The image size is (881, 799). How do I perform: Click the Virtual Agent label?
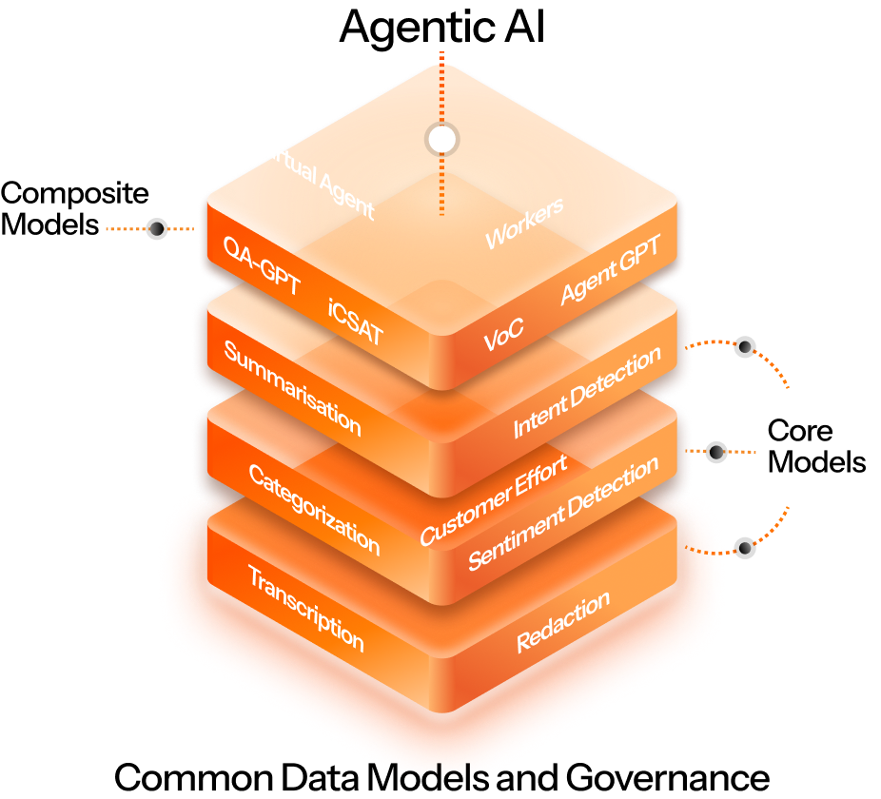click(316, 176)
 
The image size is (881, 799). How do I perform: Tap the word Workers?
click(524, 223)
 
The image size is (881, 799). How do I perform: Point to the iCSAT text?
click(355, 321)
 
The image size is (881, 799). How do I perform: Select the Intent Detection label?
click(587, 392)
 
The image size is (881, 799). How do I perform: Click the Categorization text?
click(314, 509)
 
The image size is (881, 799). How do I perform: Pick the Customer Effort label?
click(494, 499)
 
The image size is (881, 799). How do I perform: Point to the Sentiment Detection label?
click(563, 514)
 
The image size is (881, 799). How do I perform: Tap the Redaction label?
click(563, 622)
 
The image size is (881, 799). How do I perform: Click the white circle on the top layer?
click(441, 140)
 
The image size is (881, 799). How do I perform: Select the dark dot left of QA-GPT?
click(157, 228)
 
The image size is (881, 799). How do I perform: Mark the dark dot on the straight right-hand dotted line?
click(717, 452)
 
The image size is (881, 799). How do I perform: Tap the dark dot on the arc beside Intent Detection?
click(746, 347)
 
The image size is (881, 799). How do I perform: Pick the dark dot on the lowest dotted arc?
click(746, 548)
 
